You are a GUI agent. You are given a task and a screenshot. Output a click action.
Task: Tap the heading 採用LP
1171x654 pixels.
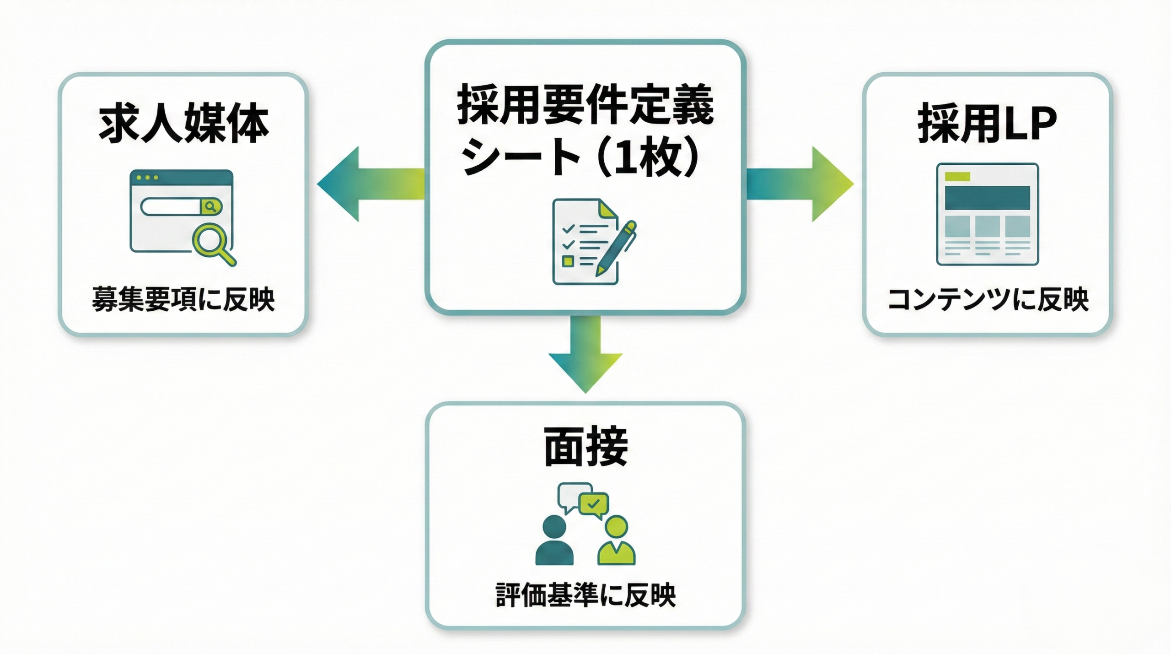987,124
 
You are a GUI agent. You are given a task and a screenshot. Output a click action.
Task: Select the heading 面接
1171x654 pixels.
585,446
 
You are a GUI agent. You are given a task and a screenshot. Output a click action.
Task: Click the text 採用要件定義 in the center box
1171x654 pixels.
585,104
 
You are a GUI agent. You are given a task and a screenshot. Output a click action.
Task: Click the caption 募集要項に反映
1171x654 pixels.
183,300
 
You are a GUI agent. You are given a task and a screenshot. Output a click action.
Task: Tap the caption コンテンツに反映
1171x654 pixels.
988,300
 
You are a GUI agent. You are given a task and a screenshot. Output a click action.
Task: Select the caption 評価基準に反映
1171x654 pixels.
585,595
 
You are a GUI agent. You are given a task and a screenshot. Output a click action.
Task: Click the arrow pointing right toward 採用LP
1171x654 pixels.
805,184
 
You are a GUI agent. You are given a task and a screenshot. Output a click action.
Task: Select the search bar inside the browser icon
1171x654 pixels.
172,206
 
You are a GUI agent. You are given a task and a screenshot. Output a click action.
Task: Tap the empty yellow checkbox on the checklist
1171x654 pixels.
568,261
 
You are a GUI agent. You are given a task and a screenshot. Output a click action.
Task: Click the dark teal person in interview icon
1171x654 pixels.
554,542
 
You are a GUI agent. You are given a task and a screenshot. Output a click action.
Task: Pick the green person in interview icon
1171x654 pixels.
616,542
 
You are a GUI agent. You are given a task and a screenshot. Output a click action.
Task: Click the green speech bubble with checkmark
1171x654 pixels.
594,504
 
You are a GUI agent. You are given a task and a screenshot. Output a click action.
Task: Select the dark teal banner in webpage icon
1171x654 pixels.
988,198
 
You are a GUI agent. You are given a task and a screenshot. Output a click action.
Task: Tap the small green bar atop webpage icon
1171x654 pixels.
957,176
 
